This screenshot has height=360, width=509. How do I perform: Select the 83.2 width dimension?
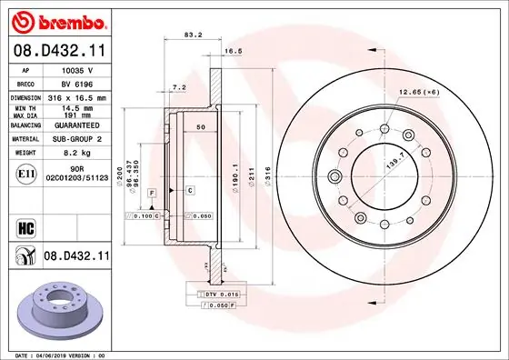192,35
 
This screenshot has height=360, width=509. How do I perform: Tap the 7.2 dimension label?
179,86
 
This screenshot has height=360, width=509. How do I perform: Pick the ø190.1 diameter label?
235,175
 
